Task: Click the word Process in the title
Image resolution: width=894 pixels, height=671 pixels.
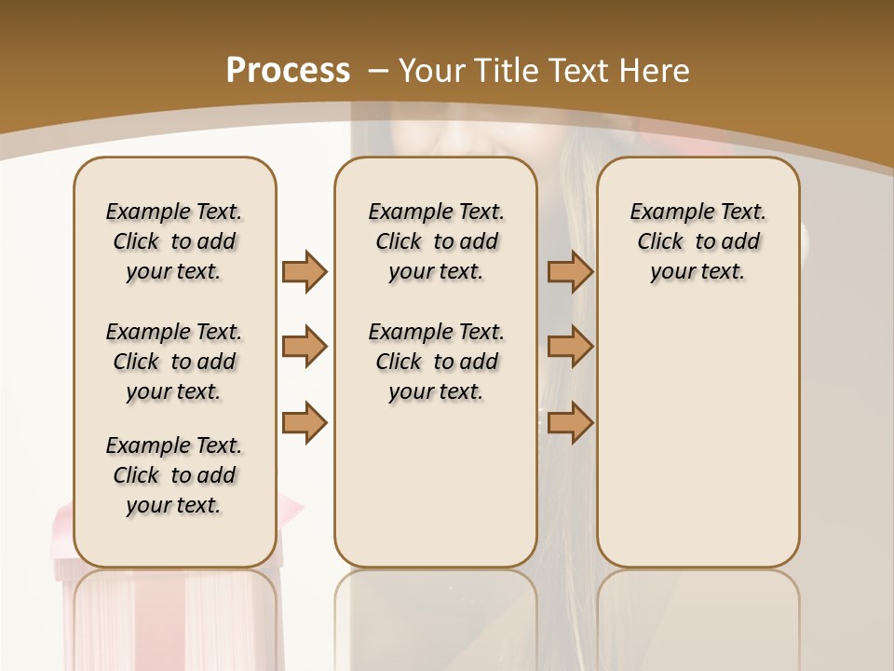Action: pos(288,71)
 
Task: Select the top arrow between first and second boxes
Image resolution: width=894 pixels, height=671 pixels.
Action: pos(305,271)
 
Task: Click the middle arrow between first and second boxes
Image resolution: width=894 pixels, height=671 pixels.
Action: pos(305,347)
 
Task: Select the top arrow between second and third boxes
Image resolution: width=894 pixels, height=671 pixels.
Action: pos(570,271)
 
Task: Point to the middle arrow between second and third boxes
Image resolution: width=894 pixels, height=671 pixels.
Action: pos(570,347)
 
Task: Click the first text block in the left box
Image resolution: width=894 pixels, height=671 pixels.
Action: pos(174,241)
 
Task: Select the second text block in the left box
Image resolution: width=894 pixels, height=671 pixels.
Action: pos(174,362)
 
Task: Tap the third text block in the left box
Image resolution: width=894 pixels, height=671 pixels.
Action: pos(174,475)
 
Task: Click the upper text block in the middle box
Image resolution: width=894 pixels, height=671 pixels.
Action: pos(436,241)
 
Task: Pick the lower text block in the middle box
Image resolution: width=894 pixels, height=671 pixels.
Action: pos(436,362)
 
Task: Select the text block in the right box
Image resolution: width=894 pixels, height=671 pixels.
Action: pos(698,241)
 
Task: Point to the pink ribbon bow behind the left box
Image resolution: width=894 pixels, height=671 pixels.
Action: pos(291,508)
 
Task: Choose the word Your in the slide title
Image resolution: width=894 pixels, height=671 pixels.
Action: pos(434,71)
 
